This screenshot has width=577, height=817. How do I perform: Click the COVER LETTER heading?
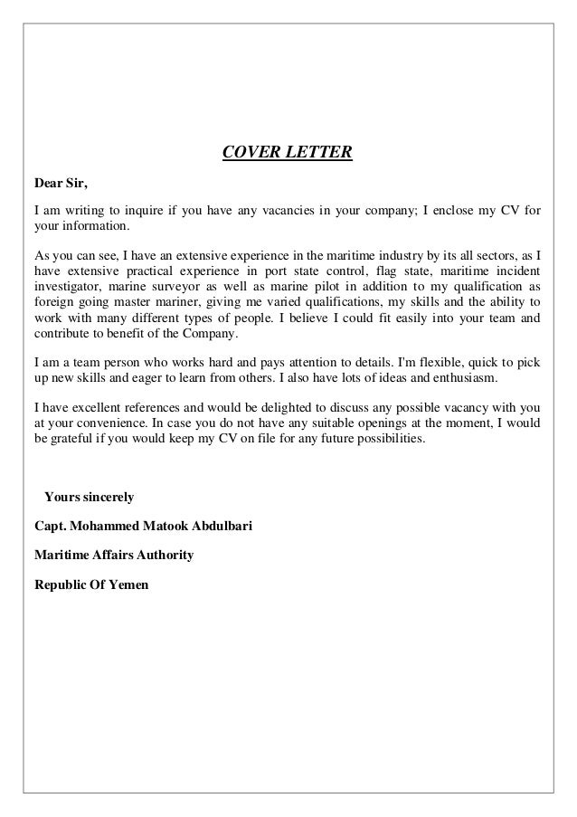click(288, 152)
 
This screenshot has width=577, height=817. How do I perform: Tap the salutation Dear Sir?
click(61, 185)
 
